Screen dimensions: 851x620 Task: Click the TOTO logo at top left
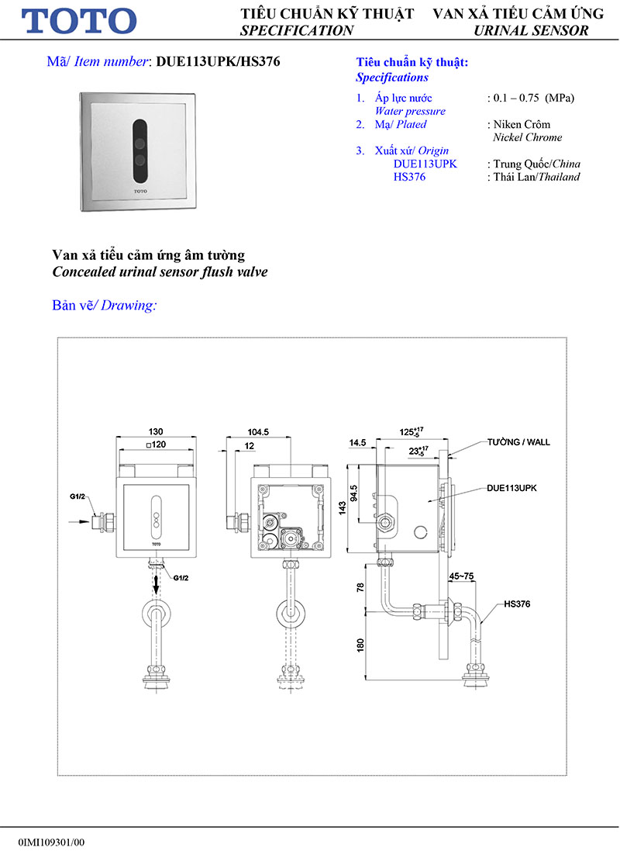click(x=79, y=21)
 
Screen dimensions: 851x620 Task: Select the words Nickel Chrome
click(x=528, y=137)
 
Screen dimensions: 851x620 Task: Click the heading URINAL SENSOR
click(x=531, y=31)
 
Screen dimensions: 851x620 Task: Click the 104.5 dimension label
click(x=258, y=431)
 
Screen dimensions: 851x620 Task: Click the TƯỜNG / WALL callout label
click(x=518, y=441)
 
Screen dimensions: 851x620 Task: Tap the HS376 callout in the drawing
click(x=518, y=603)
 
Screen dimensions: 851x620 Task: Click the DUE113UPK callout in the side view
click(x=511, y=489)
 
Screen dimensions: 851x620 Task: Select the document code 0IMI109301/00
click(x=51, y=842)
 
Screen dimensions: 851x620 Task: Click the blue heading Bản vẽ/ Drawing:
click(x=104, y=305)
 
